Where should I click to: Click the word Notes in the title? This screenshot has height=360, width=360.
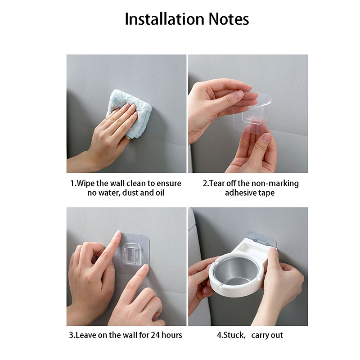[229, 19]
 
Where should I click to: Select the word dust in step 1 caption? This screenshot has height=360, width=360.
[130, 193]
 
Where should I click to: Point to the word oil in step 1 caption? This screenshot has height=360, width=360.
[160, 193]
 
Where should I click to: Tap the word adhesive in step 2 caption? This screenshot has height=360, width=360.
[241, 193]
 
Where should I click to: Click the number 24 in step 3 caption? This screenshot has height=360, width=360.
[155, 335]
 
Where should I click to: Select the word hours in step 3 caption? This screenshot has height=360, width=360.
[172, 335]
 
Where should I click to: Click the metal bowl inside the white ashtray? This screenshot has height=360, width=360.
[235, 271]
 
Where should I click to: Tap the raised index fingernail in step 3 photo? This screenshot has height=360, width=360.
[118, 234]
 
